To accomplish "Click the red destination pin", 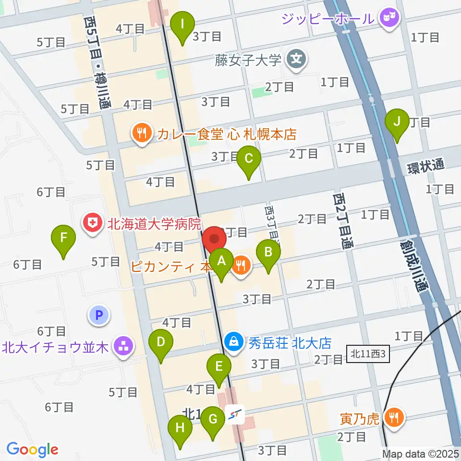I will coord(214,239).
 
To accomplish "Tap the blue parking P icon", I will coord(99,315).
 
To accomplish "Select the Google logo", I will coord(32,449).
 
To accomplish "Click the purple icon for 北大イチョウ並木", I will coord(123,346).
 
